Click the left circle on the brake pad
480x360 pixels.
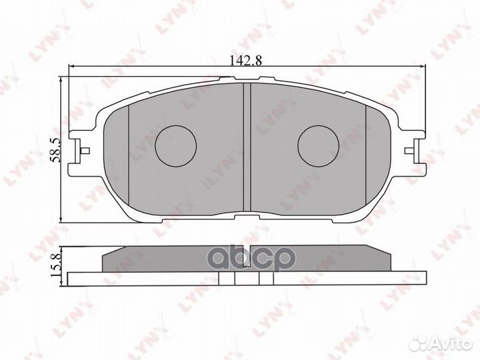point(176,146)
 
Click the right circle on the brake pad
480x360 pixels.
point(318,146)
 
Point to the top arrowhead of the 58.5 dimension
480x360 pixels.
point(61,79)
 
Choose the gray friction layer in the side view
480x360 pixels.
point(247,258)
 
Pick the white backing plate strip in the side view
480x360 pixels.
point(247,279)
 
